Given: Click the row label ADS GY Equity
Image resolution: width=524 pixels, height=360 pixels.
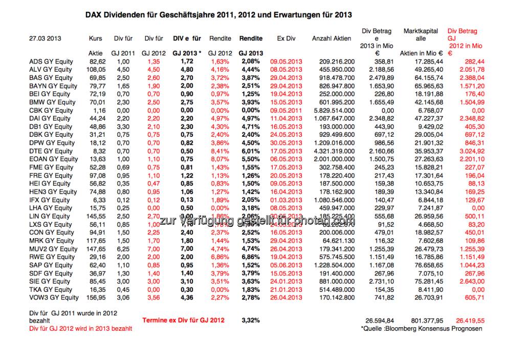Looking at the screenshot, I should click(51, 61).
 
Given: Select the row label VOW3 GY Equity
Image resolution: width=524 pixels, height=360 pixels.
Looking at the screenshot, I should click(54, 298).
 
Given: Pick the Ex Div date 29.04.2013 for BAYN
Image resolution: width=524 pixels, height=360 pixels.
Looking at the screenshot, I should click(286, 86).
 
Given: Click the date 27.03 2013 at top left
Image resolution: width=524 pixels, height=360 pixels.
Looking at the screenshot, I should click(45, 38).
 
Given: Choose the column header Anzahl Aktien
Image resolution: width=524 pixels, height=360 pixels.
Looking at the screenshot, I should click(331, 38).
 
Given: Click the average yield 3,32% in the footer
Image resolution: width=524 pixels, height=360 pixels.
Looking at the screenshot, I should click(251, 321).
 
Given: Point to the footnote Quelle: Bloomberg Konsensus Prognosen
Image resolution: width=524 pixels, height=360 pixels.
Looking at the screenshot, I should click(421, 329).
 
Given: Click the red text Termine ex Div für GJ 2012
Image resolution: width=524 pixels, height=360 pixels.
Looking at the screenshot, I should click(183, 321).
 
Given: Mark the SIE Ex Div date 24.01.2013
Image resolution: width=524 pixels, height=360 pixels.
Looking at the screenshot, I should click(286, 281).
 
